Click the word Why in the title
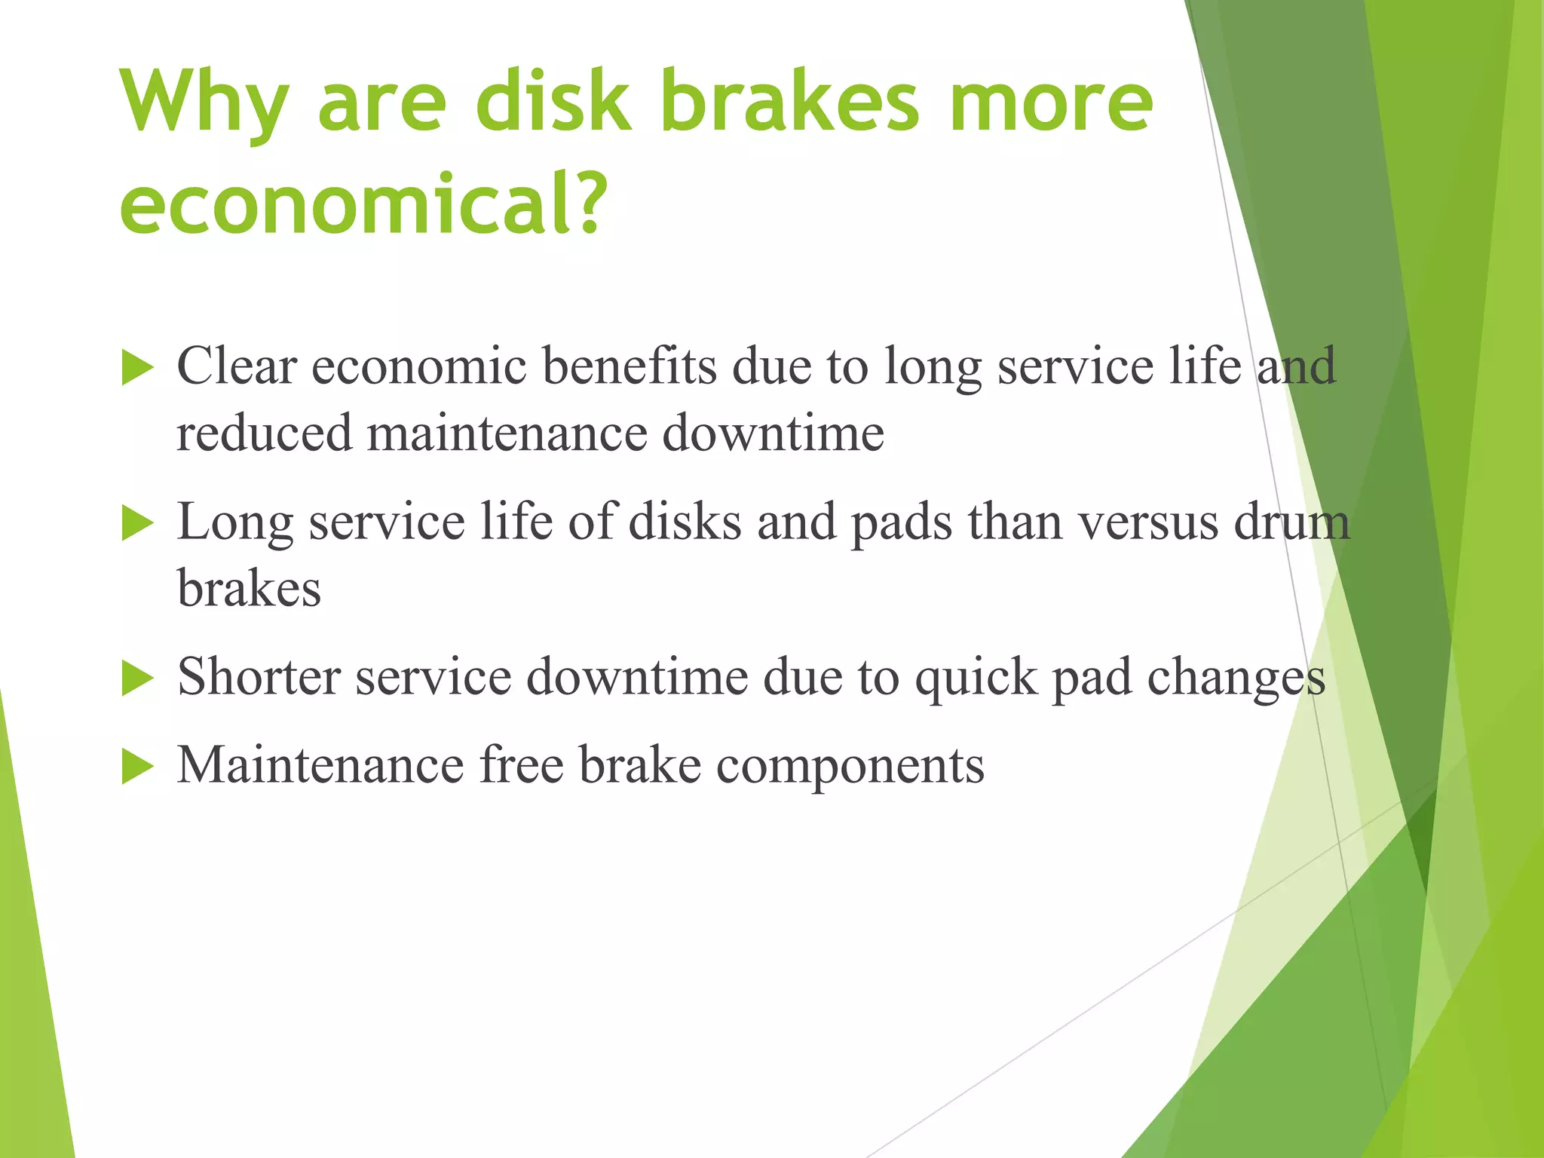coord(204,102)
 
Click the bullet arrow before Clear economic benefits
coord(137,369)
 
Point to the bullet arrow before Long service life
coord(137,523)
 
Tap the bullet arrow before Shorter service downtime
coord(137,679)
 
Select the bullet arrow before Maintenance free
coord(137,767)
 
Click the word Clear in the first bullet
coord(237,366)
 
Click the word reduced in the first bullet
coord(264,434)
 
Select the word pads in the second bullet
coord(902,522)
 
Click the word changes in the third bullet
coord(1236,678)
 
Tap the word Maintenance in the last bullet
coord(320,765)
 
